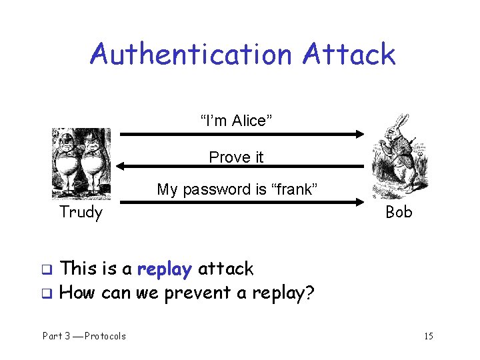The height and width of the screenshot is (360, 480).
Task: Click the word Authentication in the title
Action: tap(192, 54)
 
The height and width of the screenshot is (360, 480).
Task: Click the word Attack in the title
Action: tap(348, 54)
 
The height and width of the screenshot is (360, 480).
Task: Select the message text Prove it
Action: tap(236, 157)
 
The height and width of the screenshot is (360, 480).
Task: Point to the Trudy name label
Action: tap(81, 213)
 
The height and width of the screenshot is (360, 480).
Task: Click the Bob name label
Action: tap(399, 213)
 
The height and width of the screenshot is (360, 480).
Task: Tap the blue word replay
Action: tap(165, 269)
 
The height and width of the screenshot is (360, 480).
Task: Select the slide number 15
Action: tap(428, 336)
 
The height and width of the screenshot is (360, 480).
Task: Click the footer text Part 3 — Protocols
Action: tap(84, 336)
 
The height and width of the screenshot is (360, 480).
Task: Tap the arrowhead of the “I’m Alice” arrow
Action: tap(359, 134)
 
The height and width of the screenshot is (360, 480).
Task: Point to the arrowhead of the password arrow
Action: tap(359, 201)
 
